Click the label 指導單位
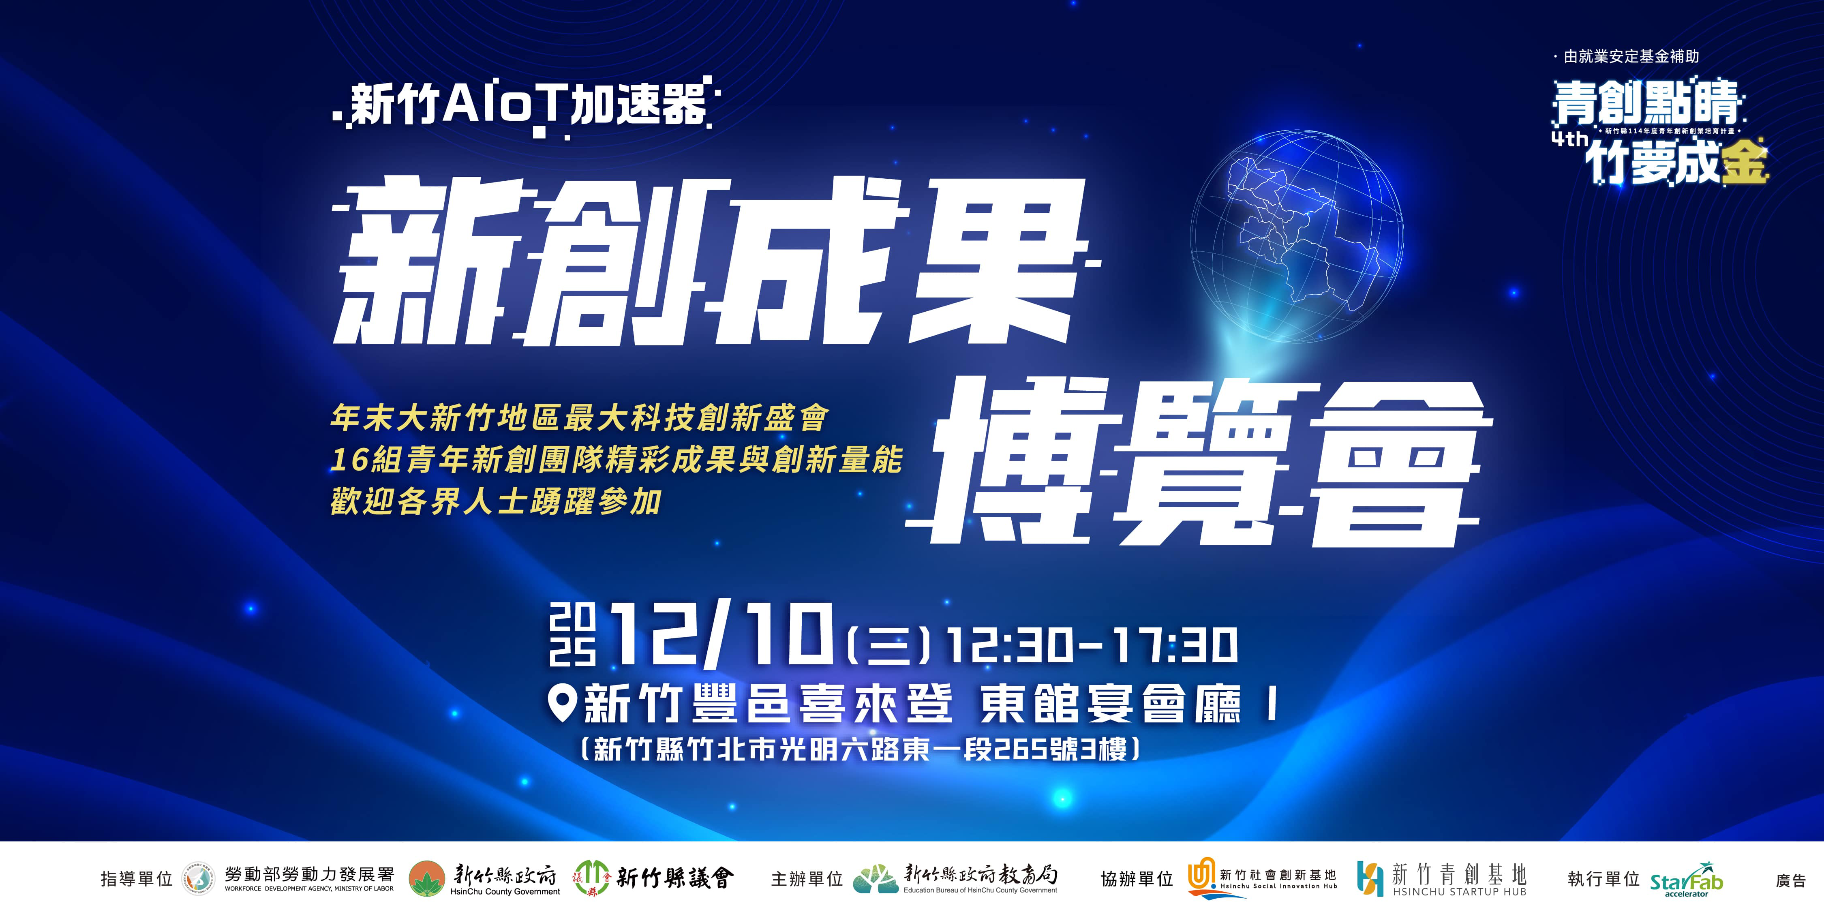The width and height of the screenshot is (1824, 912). [x=137, y=880]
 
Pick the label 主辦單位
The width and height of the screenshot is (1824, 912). [x=807, y=880]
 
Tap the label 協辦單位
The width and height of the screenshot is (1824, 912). [x=1137, y=880]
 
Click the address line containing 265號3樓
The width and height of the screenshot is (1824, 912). [x=860, y=749]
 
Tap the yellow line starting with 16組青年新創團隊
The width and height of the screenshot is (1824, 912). [x=616, y=460]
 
